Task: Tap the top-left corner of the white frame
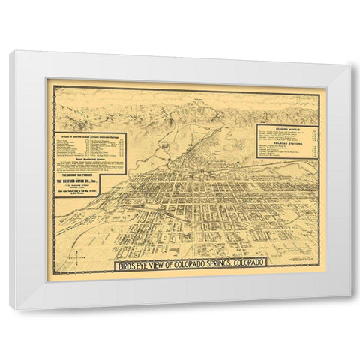coord(11,51)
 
